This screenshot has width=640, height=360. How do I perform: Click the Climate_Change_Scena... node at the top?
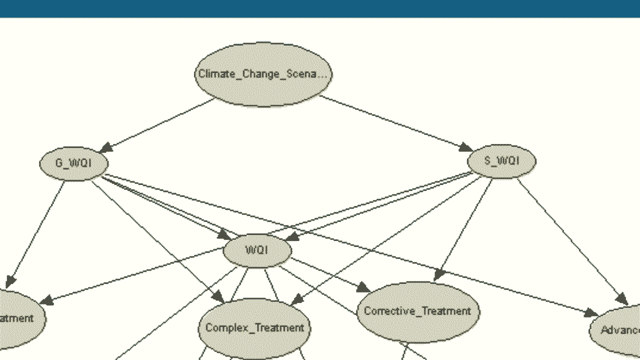tap(263, 74)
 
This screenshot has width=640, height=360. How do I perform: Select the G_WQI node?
tap(73, 163)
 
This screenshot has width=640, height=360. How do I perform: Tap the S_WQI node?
tap(501, 161)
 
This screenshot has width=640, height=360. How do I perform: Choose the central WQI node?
tap(256, 249)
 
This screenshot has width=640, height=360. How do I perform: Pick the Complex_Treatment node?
tap(254, 327)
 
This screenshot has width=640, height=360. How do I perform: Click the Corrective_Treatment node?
tap(417, 311)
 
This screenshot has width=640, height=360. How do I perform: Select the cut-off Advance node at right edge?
tap(618, 330)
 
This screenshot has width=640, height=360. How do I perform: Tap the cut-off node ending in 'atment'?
tap(17, 318)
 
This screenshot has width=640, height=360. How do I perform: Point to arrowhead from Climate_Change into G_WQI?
tap(106, 148)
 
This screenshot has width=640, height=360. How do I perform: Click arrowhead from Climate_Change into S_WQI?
tap(466, 147)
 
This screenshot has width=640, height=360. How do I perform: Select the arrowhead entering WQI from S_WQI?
tap(291, 236)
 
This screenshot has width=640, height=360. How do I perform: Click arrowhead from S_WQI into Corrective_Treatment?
tap(439, 275)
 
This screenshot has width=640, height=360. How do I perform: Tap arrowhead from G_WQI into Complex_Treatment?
tap(218, 298)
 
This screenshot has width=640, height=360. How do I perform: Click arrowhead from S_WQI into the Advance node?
tap(622, 299)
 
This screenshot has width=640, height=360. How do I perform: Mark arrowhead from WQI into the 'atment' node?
tap(46, 301)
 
